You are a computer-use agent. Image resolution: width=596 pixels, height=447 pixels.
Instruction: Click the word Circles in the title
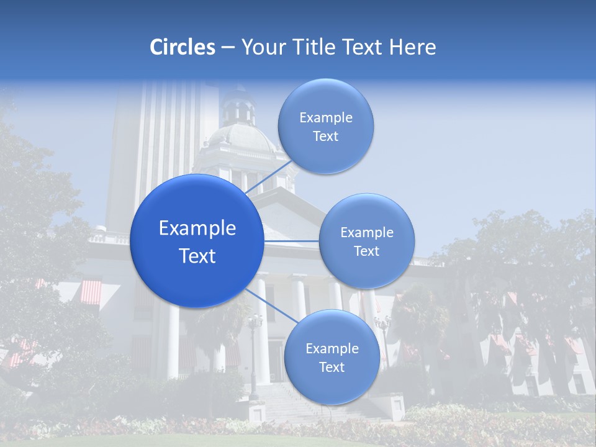pyautogui.click(x=182, y=47)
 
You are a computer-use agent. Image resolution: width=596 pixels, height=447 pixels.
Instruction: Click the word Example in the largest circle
pyautogui.click(x=197, y=228)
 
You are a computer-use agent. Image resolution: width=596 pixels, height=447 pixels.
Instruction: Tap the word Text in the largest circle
pyautogui.click(x=197, y=256)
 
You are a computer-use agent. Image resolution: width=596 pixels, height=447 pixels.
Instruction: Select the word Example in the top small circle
pyautogui.click(x=326, y=118)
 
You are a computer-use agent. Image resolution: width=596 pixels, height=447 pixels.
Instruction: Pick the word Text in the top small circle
pyautogui.click(x=325, y=136)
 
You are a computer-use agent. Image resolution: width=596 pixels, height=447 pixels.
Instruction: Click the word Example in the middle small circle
pyautogui.click(x=367, y=233)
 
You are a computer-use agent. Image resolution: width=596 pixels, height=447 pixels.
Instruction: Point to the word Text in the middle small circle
pyautogui.click(x=366, y=251)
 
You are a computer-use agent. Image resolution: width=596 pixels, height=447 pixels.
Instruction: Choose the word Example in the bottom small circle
pyautogui.click(x=332, y=349)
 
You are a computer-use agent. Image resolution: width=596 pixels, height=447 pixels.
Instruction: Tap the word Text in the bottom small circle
pyautogui.click(x=332, y=367)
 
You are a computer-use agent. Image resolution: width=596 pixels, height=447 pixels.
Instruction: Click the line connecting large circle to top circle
pyautogui.click(x=268, y=178)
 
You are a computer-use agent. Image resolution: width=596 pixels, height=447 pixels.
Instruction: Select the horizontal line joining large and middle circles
pyautogui.click(x=291, y=241)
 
